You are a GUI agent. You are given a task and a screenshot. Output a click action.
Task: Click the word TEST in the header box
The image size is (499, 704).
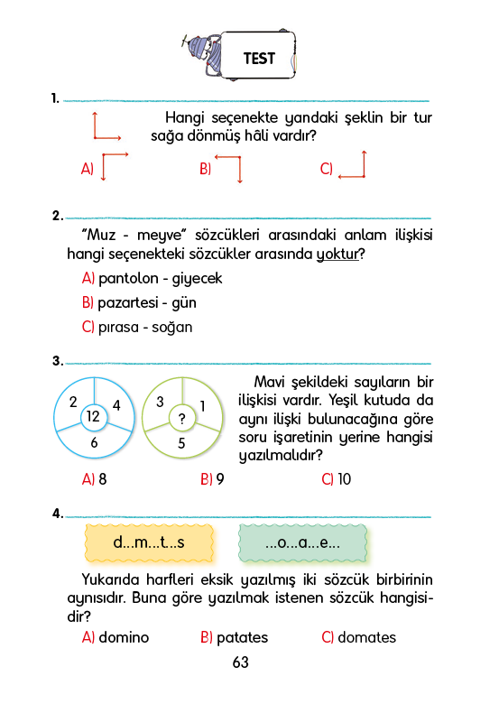coord(259,59)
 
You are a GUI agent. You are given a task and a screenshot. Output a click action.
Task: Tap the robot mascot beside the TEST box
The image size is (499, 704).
coord(203,55)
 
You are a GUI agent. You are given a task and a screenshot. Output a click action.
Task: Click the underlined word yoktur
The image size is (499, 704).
coord(337,255)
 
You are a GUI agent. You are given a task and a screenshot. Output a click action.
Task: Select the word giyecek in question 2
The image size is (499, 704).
coord(197,279)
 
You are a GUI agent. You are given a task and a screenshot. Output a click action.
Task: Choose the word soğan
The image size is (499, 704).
coord(171,328)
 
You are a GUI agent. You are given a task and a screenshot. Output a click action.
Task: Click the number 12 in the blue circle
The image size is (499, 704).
coord(93,417)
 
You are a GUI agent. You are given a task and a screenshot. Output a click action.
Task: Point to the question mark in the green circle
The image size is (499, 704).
coord(181,419)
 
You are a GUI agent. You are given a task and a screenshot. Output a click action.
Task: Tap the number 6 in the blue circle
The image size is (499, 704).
coord(94,442)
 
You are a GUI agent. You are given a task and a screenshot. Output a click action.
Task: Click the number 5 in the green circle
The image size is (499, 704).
coord(181,443)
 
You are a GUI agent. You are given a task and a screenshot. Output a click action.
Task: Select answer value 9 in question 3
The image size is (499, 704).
coord(220,479)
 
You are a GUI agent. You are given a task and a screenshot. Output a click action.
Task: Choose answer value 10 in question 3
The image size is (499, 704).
coord(344,479)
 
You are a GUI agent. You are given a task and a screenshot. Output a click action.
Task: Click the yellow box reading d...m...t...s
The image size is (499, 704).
coord(149,542)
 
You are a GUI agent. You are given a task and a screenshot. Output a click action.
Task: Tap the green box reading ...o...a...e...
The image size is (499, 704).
coord(302,542)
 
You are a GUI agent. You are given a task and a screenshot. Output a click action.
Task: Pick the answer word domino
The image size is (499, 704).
coord(124,637)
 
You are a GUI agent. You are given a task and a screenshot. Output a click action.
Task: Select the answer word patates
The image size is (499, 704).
coord(243,638)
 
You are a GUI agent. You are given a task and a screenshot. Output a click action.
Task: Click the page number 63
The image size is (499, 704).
coord(241,662)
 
